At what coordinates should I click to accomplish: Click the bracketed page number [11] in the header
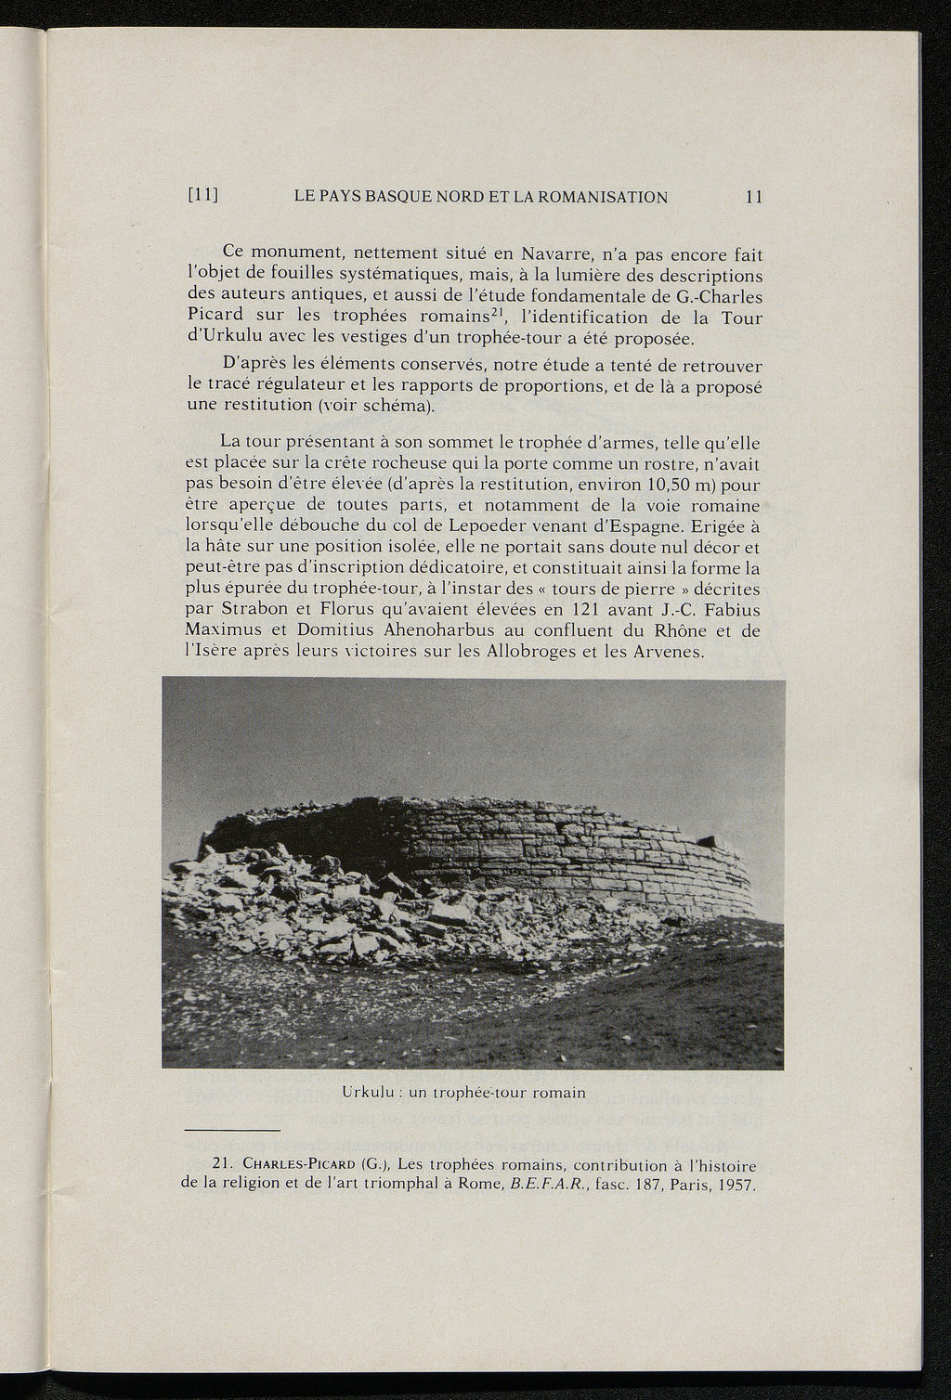pyautogui.click(x=202, y=196)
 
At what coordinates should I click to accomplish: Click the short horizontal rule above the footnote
pyautogui.click(x=232, y=1130)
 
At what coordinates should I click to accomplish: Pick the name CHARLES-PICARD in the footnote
pyautogui.click(x=295, y=1166)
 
